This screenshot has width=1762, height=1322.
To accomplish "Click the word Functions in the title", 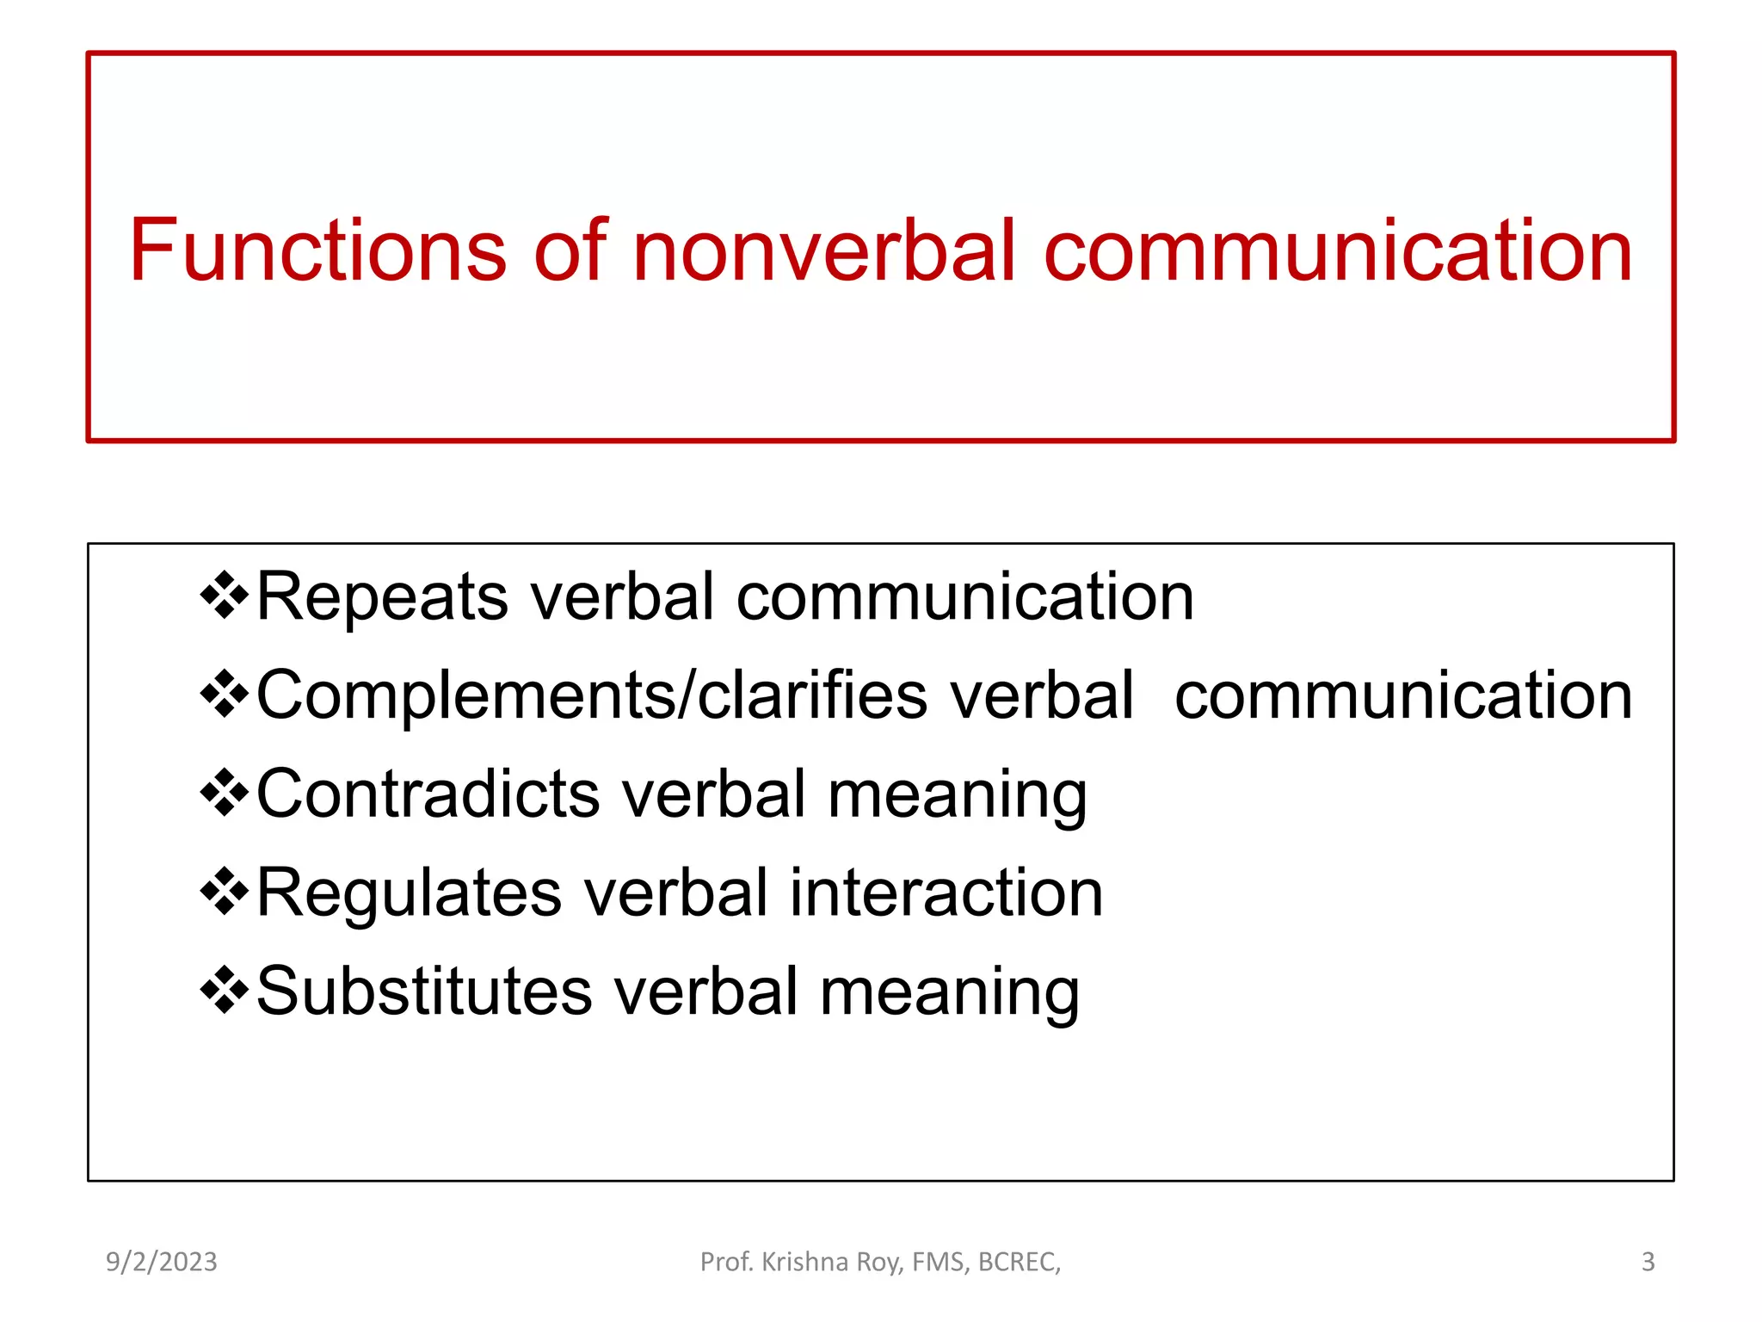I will point(317,250).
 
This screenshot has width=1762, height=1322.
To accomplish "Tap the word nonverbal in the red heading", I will point(824,250).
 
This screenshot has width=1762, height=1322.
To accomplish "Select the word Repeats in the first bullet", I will point(382,596).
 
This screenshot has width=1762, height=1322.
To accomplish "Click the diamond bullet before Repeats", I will point(224,596).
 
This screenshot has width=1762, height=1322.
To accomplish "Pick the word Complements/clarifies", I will point(592,695).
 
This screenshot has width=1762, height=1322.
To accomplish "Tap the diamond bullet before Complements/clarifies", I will point(224,695).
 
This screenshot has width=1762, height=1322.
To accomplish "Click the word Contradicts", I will point(428,794).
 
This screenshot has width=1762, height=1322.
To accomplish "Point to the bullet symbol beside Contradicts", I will point(224,794).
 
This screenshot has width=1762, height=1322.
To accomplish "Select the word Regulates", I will point(409,893).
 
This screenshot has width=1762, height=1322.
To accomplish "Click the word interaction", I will point(946,893).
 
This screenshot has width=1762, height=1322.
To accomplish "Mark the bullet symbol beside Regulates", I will point(224,893).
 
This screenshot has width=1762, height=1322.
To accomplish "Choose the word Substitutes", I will point(424,991).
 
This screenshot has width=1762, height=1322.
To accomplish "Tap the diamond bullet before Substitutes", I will point(224,991).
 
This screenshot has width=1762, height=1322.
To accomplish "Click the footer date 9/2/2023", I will point(162,1262).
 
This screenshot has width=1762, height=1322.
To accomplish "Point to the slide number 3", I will point(1648,1262).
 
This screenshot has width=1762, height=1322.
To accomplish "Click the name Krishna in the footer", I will point(805,1262).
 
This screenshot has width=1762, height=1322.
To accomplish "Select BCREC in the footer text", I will point(1019,1262).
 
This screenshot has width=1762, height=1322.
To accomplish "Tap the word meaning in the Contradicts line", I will point(957,795).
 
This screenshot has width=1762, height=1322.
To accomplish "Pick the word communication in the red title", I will point(1338,250).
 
